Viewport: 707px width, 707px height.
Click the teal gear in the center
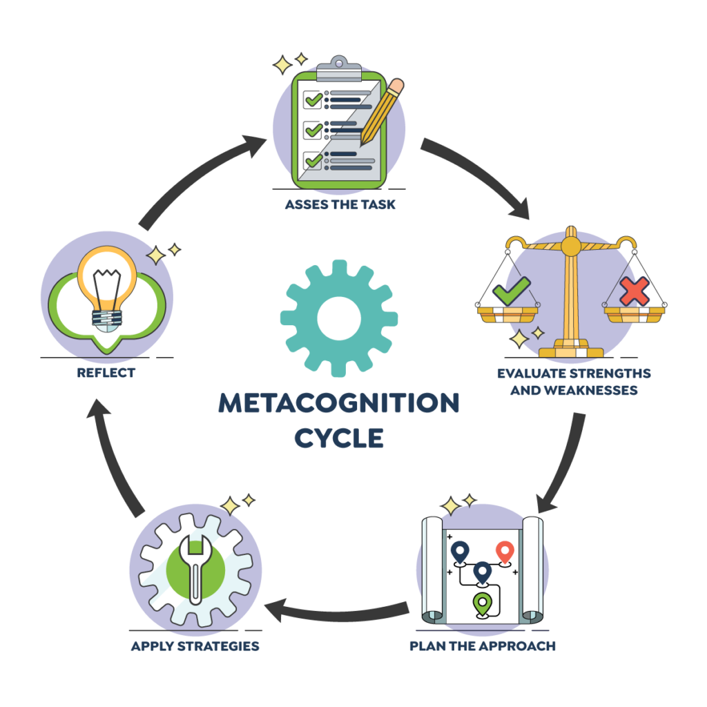(339, 318)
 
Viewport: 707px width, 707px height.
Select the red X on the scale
(634, 292)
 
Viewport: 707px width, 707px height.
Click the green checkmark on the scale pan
(511, 291)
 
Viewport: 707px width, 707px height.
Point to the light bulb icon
(108, 287)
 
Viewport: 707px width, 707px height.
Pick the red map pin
(505, 552)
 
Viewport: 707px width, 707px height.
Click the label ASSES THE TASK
(340, 205)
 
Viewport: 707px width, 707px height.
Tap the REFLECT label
(106, 373)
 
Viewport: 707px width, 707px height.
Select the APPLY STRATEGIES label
(195, 646)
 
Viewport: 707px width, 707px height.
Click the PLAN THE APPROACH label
(482, 646)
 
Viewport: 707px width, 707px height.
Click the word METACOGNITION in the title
(339, 404)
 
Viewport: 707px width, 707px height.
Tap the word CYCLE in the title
(339, 438)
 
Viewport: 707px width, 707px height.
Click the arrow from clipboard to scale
(476, 176)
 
